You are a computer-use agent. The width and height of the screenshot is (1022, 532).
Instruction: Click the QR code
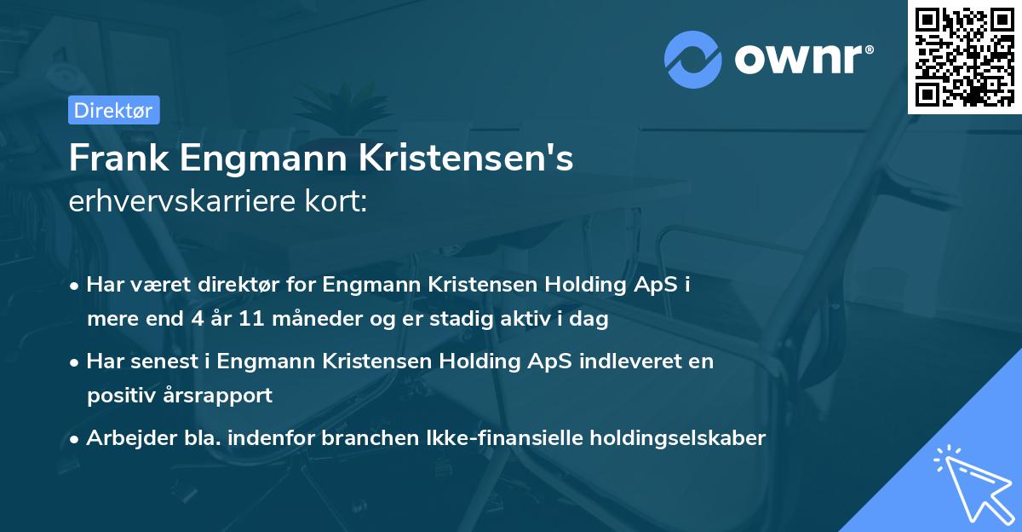pyautogui.click(x=965, y=56)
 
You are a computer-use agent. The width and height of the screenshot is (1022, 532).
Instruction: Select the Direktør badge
pyautogui.click(x=113, y=110)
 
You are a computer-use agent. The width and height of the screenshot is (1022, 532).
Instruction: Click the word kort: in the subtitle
pyautogui.click(x=339, y=202)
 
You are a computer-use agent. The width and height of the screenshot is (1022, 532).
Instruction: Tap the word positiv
pyautogui.click(x=122, y=396)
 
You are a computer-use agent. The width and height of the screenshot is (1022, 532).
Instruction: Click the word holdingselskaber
pyautogui.click(x=670, y=438)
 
